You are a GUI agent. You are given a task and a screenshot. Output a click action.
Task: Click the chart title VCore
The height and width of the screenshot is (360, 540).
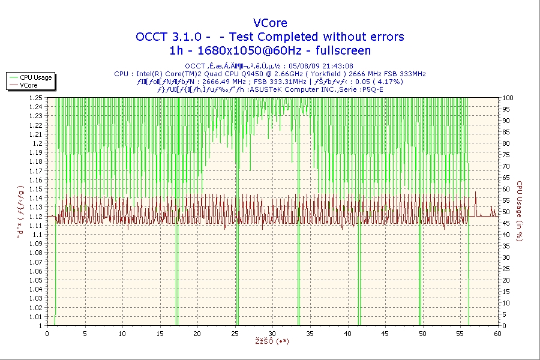[x=270, y=23]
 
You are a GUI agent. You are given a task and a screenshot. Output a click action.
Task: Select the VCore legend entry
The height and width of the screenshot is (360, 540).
[x=28, y=85]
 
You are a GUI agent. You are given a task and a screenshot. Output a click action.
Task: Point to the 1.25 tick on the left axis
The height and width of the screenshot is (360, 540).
[x=35, y=98]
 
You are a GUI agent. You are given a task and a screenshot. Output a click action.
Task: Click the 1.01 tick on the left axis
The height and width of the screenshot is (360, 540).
[x=35, y=317]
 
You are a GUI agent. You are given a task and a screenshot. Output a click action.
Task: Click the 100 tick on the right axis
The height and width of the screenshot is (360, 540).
[x=508, y=98]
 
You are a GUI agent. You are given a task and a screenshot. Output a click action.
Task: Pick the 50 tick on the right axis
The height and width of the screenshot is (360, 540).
[x=506, y=212]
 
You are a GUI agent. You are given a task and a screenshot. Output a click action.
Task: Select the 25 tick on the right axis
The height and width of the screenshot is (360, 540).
[x=506, y=269]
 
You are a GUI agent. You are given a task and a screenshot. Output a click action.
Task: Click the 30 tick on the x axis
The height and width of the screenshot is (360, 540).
[x=272, y=334]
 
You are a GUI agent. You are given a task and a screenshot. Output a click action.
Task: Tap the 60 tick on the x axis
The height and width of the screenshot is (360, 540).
[x=497, y=334]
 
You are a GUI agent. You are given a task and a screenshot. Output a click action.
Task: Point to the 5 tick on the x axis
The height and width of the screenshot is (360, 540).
[x=85, y=334]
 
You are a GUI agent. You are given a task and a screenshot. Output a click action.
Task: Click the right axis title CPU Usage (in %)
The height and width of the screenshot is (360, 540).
[x=520, y=211]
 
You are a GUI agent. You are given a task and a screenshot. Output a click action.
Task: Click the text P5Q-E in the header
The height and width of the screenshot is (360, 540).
[x=372, y=89]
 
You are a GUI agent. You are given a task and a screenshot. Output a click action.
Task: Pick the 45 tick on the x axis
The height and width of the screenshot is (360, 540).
[x=385, y=334]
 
